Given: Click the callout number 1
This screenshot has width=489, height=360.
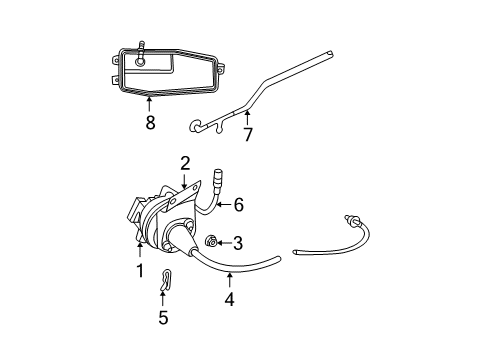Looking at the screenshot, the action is tap(140, 270).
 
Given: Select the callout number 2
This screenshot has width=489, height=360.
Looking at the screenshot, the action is tap(185, 163).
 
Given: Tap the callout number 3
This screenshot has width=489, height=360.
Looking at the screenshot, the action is tap(238, 242).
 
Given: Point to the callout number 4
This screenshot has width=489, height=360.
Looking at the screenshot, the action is tap(229, 298).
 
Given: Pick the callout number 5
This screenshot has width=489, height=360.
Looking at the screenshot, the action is tap(163, 318).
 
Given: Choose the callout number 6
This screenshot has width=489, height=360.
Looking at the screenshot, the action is tap(238, 204).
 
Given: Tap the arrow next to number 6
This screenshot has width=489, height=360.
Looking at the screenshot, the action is tap(222, 205).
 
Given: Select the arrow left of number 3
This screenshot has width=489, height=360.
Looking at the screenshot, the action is tap(224, 242).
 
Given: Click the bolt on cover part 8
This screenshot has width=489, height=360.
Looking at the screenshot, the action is tap(142, 54).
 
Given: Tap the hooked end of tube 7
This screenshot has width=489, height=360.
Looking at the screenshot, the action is tap(195, 127).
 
